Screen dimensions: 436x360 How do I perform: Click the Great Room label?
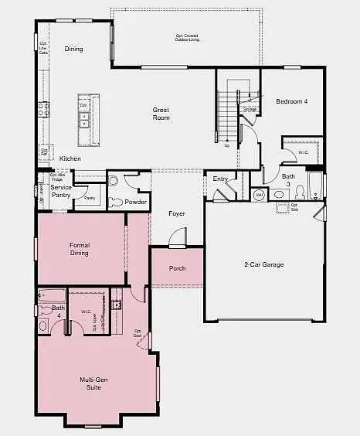point(161,114)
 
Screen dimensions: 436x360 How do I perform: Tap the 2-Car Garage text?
point(264,264)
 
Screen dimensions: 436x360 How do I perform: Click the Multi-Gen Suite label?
point(97,383)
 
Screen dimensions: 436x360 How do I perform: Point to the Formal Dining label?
point(79,249)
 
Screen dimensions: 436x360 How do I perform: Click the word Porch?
point(178,268)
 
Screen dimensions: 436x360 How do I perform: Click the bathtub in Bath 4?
point(51,295)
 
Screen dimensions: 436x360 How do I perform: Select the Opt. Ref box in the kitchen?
point(44,152)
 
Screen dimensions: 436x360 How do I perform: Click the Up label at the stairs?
point(226,145)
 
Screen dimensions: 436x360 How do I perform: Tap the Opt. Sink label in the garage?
point(294,208)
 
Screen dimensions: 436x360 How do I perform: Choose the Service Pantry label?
point(61,191)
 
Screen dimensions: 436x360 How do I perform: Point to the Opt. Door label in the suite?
point(138,332)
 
